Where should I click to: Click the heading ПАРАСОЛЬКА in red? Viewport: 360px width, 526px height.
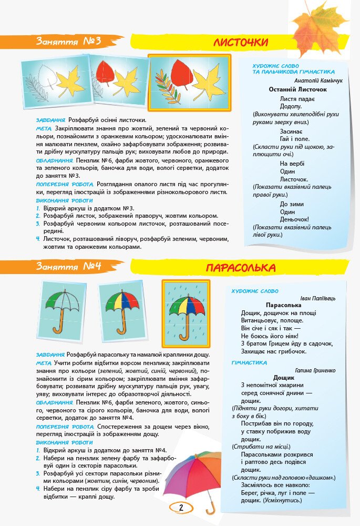(x=241, y=268)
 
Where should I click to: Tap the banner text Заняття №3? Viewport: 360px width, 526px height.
(x=68, y=42)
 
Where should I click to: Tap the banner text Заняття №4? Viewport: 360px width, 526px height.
(x=68, y=267)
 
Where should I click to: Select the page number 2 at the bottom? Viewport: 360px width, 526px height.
(x=181, y=508)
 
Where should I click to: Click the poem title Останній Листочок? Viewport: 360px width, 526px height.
(x=297, y=90)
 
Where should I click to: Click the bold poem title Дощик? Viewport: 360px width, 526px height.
(x=284, y=378)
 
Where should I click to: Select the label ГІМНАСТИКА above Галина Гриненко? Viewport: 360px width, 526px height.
(x=249, y=363)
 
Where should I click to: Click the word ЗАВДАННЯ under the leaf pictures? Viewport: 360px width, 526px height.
(x=51, y=119)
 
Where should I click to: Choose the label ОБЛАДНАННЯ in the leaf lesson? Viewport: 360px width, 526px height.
(x=54, y=160)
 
